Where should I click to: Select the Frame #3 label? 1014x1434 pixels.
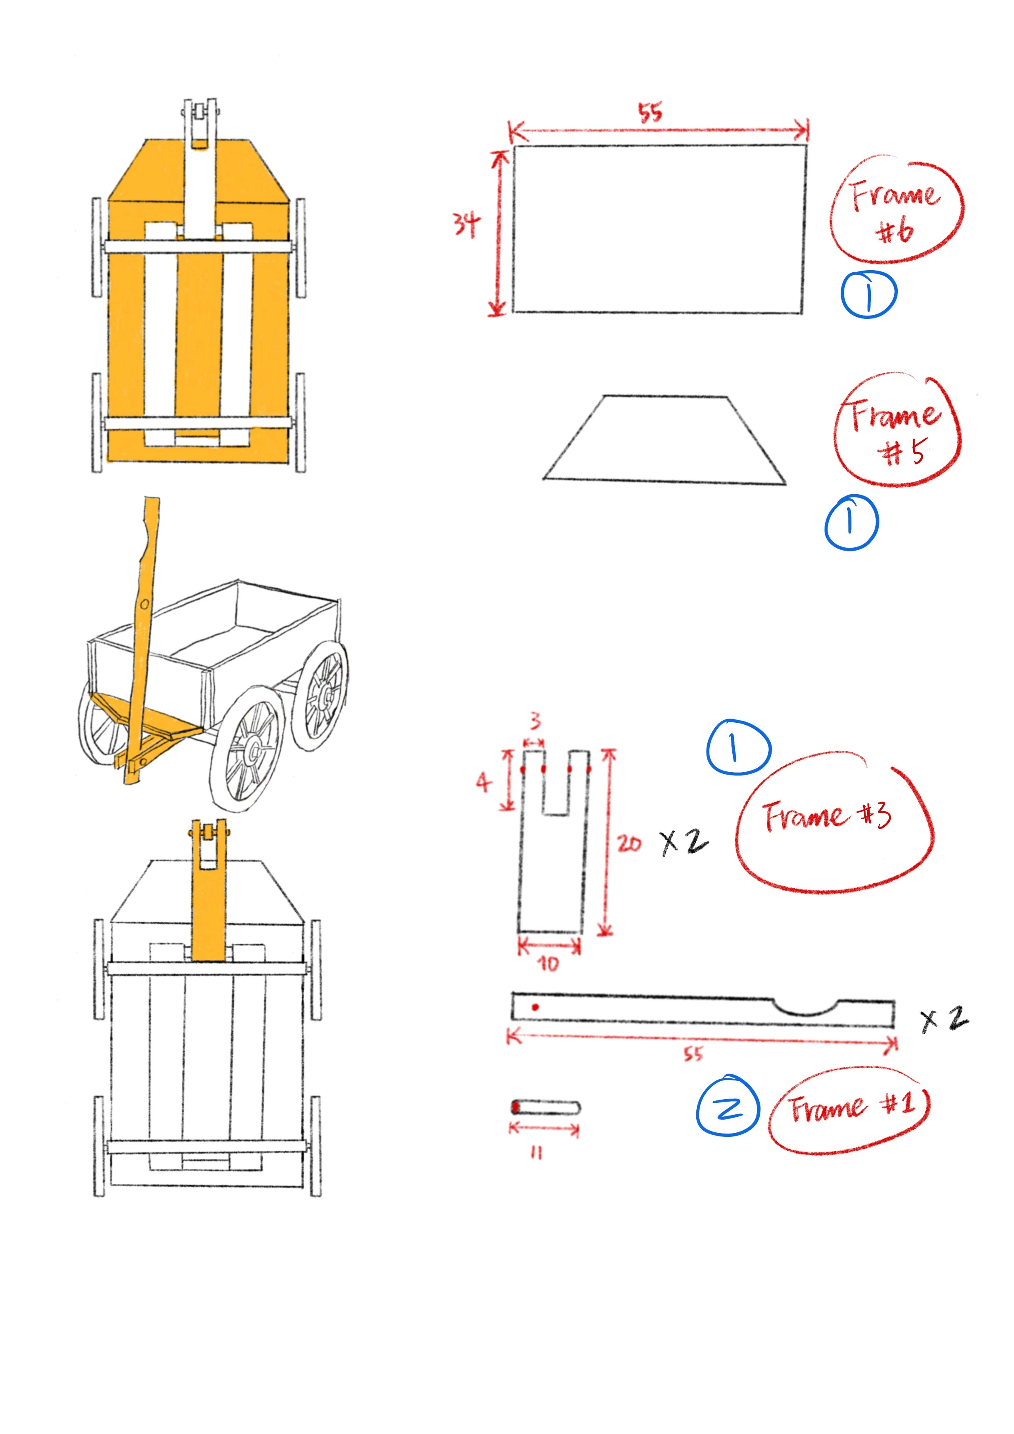[x=827, y=815]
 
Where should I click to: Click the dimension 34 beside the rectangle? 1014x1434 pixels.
[x=467, y=224]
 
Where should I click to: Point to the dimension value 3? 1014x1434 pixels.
[x=535, y=721]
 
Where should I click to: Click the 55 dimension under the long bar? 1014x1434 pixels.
[x=693, y=1054]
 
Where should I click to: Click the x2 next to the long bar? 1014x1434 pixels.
[x=944, y=1019]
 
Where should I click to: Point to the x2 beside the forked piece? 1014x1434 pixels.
[x=685, y=842]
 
